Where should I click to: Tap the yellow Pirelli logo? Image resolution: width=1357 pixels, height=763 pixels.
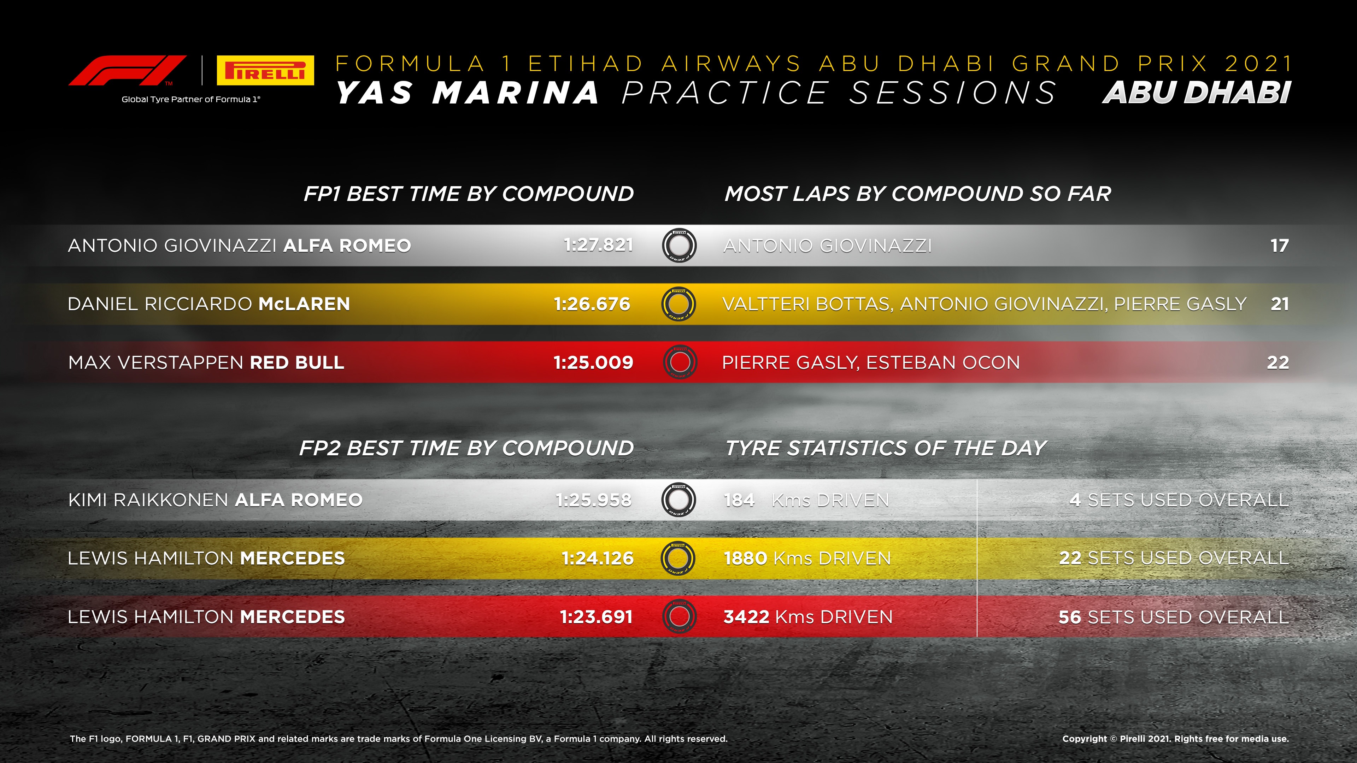tap(265, 70)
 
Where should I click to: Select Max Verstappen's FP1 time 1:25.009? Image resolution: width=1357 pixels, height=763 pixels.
tap(593, 362)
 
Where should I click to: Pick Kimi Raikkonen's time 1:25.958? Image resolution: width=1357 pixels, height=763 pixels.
tap(594, 500)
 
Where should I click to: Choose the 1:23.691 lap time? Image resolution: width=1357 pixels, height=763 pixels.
tap(596, 617)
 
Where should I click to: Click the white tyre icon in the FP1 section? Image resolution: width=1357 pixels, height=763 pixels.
tap(679, 246)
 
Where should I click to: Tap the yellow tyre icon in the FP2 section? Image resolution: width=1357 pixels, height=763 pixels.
tap(678, 558)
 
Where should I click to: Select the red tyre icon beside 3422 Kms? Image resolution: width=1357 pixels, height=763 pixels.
tap(679, 617)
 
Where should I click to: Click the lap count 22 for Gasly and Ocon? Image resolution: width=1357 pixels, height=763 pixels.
tap(1278, 362)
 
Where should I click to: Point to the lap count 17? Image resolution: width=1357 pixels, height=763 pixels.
tap(1280, 246)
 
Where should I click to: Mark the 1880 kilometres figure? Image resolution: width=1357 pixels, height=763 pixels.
tap(745, 558)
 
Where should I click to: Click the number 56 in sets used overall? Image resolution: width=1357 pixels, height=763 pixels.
tap(1070, 617)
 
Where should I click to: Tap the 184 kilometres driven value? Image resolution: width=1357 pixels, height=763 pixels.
tap(739, 500)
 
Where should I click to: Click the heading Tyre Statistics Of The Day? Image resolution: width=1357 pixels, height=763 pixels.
tap(886, 448)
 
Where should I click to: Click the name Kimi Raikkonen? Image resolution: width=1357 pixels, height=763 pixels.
tap(149, 500)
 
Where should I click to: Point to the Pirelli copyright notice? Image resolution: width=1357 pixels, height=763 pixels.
tap(1175, 739)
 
